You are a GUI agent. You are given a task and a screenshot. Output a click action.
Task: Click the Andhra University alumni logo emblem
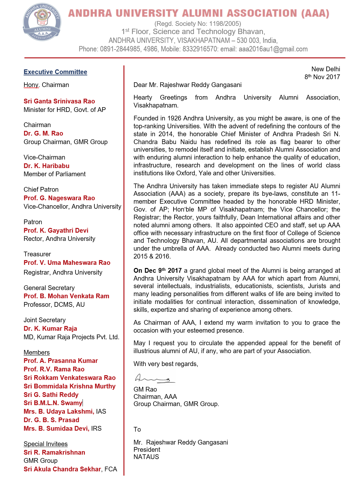tap(42, 22)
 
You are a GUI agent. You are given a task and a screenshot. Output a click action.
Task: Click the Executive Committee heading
tap(55, 72)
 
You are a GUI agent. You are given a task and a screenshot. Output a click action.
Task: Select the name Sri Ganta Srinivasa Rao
tap(59, 101)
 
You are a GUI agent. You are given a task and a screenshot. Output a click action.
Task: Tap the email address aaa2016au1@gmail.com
tap(273, 49)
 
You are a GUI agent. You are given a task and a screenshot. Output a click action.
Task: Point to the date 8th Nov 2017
tap(322, 77)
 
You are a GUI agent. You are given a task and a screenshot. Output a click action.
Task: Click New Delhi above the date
tap(326, 69)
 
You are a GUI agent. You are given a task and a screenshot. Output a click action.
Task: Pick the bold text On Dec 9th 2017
tap(157, 271)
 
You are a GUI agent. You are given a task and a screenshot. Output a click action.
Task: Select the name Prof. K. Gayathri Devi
tap(56, 230)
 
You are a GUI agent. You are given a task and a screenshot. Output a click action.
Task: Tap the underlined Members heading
tap(37, 352)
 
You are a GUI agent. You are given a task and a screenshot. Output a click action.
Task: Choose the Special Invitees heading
tap(45, 444)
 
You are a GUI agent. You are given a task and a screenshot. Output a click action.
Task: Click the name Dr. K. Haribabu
tap(46, 166)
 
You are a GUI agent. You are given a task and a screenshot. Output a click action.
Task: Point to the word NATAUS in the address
tap(146, 457)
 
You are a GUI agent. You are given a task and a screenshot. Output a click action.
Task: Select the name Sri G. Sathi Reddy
tap(51, 395)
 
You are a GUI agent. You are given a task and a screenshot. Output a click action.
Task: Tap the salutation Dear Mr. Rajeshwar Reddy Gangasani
tap(187, 85)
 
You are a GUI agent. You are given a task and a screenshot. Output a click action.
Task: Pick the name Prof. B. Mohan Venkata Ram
tap(66, 296)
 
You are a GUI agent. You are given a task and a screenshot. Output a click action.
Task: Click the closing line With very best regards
tap(166, 364)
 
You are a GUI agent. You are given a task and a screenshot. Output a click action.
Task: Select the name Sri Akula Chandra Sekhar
tap(62, 469)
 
